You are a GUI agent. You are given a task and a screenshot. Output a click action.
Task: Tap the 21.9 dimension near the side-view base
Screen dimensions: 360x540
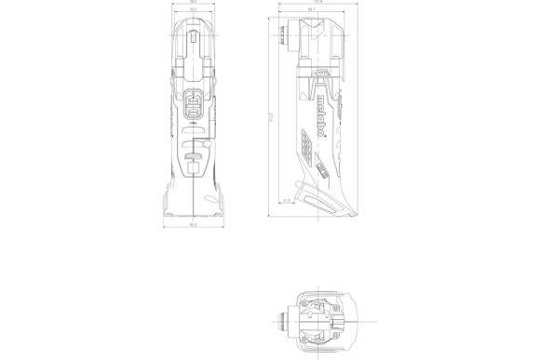(x=287, y=201)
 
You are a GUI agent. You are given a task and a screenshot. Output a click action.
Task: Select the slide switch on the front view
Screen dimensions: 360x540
(x=194, y=107)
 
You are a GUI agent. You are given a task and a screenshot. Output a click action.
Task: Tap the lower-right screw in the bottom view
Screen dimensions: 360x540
(x=342, y=340)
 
